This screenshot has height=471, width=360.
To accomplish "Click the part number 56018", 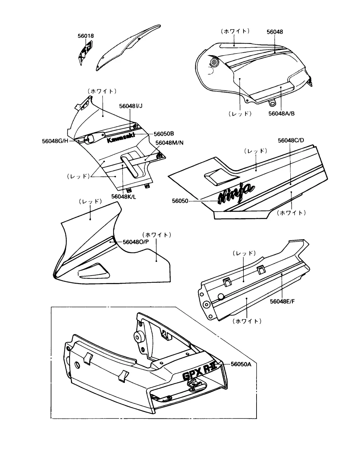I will [x=86, y=36].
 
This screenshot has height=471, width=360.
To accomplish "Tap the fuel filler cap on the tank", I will [x=214, y=62].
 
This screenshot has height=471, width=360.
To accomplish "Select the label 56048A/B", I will [x=281, y=113].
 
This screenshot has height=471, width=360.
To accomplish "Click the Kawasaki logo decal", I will [x=121, y=138].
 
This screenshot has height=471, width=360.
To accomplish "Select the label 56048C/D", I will [x=291, y=140].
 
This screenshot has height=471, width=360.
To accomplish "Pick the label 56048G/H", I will [x=55, y=141].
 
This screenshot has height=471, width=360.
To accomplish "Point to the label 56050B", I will [x=164, y=134].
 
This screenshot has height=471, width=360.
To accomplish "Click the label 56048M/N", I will [x=169, y=143].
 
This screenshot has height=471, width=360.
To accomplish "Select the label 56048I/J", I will [x=131, y=106].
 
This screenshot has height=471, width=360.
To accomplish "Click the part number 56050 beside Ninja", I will [x=180, y=200].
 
